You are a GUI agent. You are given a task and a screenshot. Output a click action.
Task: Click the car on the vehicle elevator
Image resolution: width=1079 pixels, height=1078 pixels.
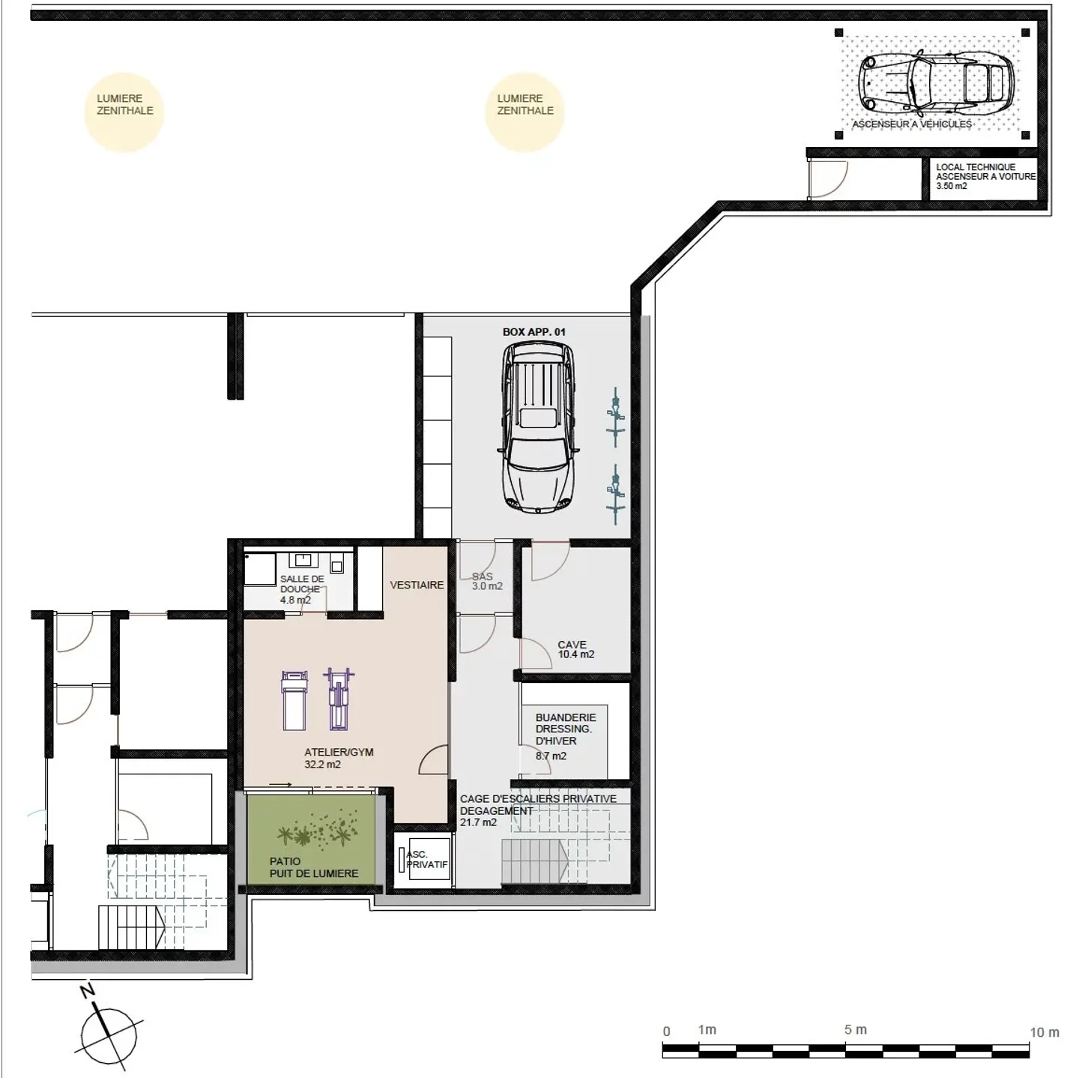[x=935, y=79]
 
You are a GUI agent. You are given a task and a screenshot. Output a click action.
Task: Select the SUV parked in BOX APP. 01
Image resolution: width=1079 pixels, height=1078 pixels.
[x=539, y=427]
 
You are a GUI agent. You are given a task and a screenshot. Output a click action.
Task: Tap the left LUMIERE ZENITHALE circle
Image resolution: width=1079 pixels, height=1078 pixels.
[x=124, y=112]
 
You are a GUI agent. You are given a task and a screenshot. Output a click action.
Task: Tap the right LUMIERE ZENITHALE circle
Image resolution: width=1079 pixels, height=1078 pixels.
[x=525, y=112]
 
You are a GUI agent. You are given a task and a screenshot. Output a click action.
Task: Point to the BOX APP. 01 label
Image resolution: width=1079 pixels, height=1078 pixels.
[x=534, y=332]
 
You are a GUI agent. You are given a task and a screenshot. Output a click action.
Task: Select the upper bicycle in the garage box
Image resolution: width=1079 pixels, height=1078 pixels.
[x=615, y=417]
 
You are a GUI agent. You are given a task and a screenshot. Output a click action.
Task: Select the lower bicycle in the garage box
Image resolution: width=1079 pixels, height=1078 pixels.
[x=615, y=493]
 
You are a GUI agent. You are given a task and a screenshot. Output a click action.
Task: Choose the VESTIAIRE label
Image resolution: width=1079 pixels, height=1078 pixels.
[x=417, y=585]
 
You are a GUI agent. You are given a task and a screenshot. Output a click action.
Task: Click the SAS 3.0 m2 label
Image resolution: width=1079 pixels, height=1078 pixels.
[x=486, y=582]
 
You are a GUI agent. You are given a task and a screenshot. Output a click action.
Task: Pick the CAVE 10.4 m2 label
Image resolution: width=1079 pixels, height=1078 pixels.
[x=575, y=649]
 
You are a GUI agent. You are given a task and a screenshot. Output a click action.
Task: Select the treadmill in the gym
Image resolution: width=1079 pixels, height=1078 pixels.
[x=293, y=700]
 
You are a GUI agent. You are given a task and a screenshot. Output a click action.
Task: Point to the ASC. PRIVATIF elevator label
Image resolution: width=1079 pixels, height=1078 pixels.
[x=426, y=860]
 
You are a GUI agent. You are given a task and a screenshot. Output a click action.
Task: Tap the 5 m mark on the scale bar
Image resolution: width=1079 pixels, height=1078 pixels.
[x=855, y=1030]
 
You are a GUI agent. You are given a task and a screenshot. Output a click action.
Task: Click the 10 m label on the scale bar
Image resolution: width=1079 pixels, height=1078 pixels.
[x=1044, y=1032]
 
